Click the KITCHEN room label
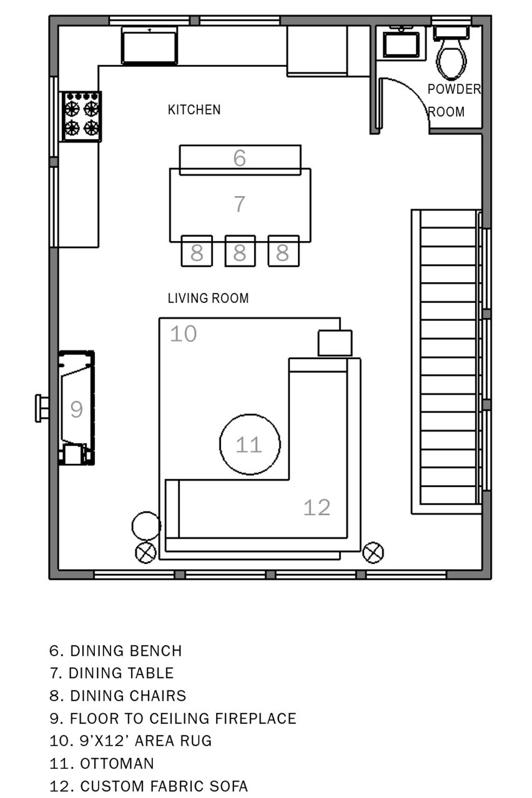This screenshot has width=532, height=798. click(194, 110)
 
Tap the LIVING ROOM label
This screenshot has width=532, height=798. click(208, 298)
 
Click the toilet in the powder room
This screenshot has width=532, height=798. click(451, 53)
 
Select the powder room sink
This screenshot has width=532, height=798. click(401, 44)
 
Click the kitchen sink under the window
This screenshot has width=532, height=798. click(150, 46)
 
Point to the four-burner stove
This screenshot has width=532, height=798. click(81, 117)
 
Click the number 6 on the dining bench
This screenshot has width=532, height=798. click(239, 158)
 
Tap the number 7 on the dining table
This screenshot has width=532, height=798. click(239, 204)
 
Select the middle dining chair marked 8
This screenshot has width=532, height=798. click(240, 251)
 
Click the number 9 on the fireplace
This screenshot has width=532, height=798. click(76, 409)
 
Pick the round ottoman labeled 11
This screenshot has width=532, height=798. click(249, 444)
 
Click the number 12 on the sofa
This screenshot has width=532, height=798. click(317, 507)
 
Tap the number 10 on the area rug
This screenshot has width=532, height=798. click(183, 334)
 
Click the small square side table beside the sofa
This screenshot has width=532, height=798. click(335, 343)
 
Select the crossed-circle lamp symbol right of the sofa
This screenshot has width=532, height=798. click(373, 553)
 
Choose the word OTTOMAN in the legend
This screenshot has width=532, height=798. click(117, 764)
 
